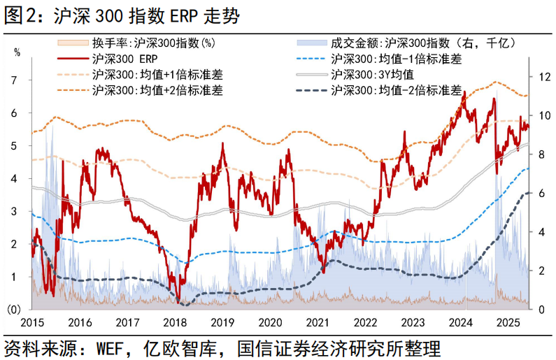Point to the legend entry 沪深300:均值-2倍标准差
click(x=396, y=89)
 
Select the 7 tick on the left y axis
click(x=15, y=80)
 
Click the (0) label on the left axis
click(x=13, y=310)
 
